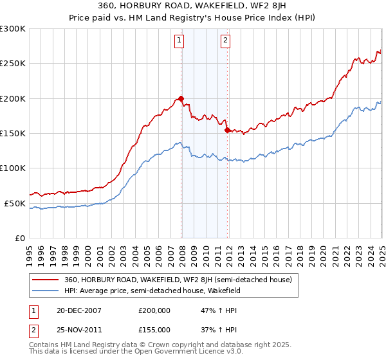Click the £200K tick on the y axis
pyautogui.click(x=12, y=98)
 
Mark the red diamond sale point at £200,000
pyautogui.click(x=181, y=98)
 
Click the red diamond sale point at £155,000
pyautogui.click(x=227, y=130)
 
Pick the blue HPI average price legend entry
pyautogui.click(x=152, y=291)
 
